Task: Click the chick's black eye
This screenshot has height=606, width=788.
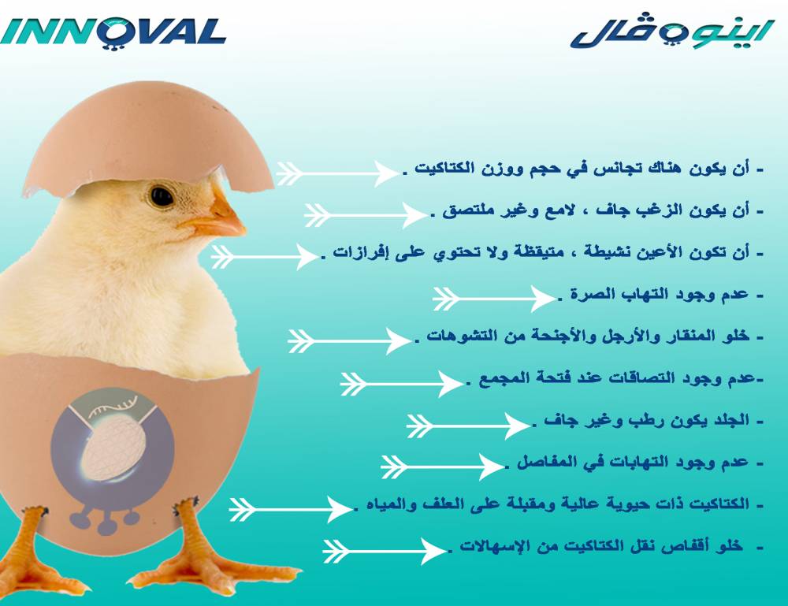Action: tap(162, 196)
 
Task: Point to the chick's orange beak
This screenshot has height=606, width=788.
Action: tap(221, 215)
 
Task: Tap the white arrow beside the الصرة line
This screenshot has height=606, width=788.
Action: tap(493, 299)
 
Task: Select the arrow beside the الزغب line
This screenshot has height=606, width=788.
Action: tap(366, 216)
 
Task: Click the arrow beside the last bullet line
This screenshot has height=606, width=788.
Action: tap(384, 551)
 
